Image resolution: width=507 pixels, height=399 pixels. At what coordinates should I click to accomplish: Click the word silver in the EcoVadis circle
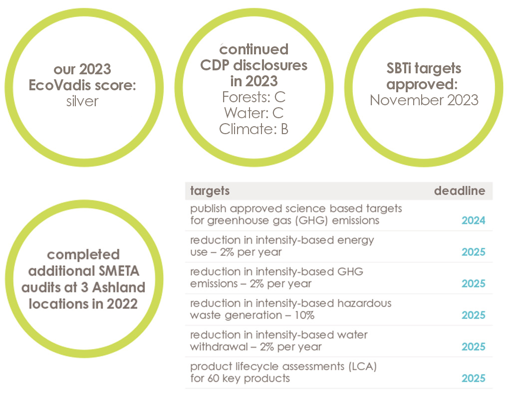pyautogui.click(x=82, y=101)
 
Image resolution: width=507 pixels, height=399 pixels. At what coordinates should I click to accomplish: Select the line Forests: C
pyautogui.click(x=254, y=97)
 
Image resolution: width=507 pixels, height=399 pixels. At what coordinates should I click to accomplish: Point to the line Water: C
pyautogui.click(x=254, y=113)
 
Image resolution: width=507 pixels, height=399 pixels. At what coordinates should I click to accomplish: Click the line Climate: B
pyautogui.click(x=254, y=129)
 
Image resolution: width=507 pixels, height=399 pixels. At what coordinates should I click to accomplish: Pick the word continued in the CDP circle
pyautogui.click(x=254, y=49)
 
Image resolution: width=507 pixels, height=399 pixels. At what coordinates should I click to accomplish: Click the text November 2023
pyautogui.click(x=424, y=100)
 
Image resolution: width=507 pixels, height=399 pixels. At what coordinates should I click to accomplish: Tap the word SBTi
pyautogui.click(x=399, y=68)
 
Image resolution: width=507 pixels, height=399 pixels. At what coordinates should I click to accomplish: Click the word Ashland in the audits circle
pyautogui.click(x=119, y=287)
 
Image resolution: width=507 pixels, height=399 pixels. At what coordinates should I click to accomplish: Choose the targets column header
pyautogui.click(x=210, y=191)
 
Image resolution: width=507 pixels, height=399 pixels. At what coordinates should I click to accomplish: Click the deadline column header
pyautogui.click(x=460, y=191)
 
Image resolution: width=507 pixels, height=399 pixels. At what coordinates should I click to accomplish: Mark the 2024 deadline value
pyautogui.click(x=474, y=220)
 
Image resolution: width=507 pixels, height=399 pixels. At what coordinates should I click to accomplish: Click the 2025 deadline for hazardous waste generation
pyautogui.click(x=474, y=315)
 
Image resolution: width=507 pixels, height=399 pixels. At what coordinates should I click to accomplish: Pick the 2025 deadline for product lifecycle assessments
pyautogui.click(x=474, y=379)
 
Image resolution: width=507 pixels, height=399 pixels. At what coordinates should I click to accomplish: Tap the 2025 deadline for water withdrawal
pyautogui.click(x=474, y=347)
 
